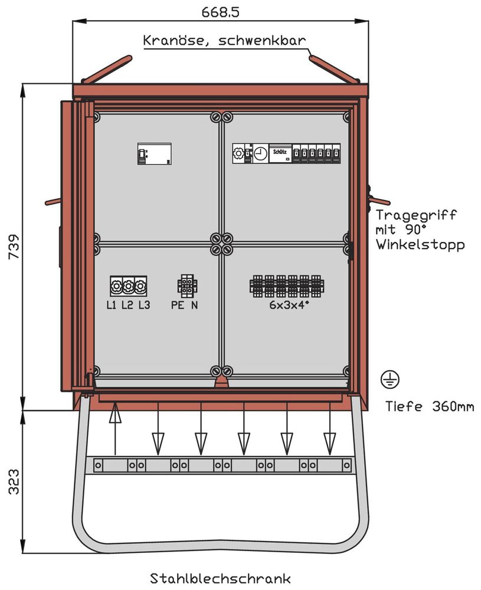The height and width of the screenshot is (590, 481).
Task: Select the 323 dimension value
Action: tap(13, 481)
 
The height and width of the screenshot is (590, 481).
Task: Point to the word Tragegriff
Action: tap(415, 215)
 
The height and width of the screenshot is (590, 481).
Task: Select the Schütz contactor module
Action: tap(280, 153)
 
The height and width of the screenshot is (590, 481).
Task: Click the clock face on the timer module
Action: tap(260, 154)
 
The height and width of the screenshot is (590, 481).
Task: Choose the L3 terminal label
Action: tap(144, 305)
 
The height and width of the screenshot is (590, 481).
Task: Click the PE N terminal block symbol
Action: tap(187, 286)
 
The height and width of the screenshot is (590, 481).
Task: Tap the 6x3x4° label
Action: tap(286, 305)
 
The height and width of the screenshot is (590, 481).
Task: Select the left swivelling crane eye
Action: tap(107, 69)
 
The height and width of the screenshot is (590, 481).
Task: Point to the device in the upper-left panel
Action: tap(155, 153)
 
